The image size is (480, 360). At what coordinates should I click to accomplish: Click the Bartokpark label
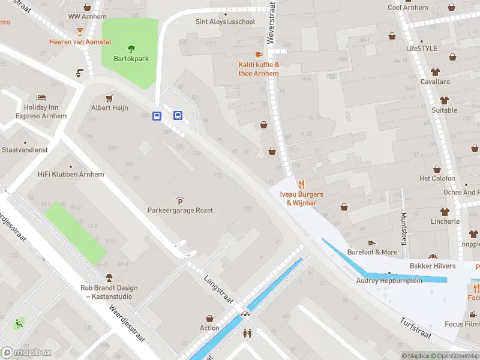pos(131,59)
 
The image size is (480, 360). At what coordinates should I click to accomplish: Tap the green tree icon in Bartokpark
pos(131,49)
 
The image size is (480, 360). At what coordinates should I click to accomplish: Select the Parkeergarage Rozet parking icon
pos(180,200)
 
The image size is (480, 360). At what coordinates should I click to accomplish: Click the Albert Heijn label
pos(109,108)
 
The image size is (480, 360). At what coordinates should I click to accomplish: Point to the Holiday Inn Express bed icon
pos(41,97)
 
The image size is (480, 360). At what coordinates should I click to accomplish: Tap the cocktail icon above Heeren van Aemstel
pos(80,31)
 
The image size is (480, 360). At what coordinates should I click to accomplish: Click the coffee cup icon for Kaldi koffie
pos(259,55)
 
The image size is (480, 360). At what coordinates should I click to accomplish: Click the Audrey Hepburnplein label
pos(389,280)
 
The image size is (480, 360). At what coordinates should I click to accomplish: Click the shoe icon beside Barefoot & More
pos(372,243)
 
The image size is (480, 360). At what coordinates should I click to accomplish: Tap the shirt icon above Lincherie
pos(445,212)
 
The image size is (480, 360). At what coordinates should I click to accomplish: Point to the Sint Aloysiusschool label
pos(226,22)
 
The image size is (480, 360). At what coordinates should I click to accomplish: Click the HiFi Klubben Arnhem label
pos(71,175)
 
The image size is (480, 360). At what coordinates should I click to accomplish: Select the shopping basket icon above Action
pos(210,319)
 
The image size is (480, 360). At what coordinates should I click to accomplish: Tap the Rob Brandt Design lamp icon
pos(109,278)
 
